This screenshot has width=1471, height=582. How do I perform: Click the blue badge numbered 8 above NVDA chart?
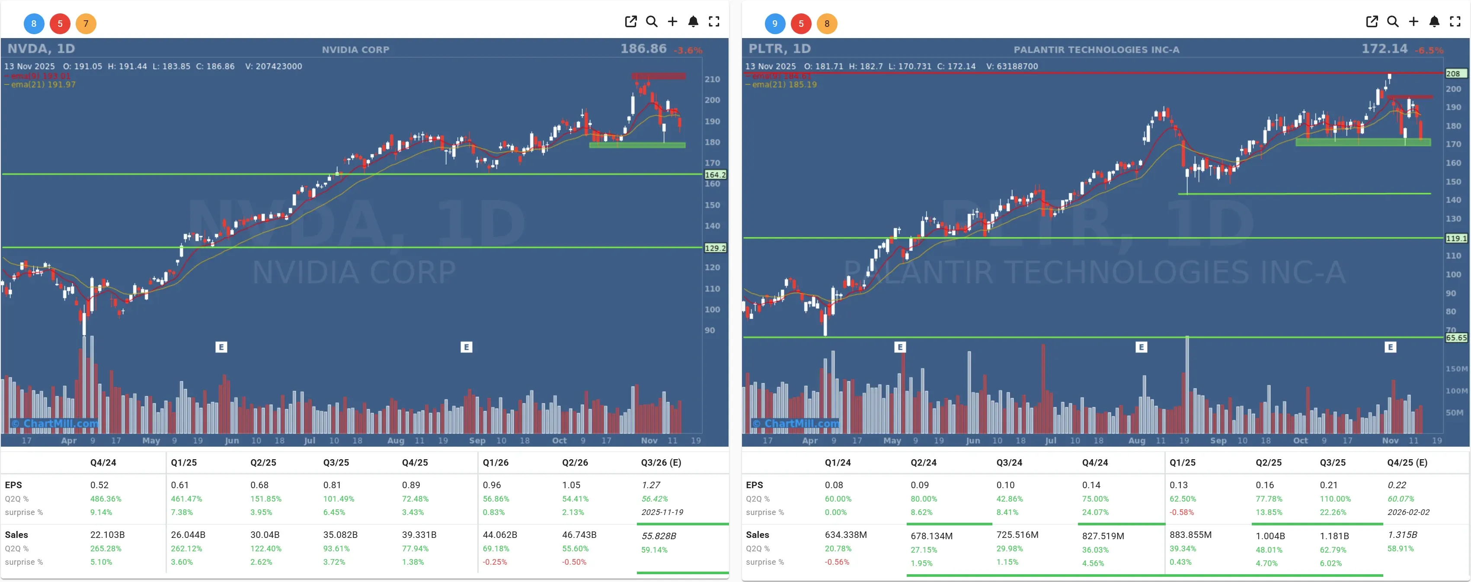(34, 23)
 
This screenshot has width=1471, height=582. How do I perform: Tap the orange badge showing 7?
(86, 23)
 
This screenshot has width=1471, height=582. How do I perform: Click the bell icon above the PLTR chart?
(1434, 22)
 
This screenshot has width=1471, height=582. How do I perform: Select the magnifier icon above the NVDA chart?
(652, 22)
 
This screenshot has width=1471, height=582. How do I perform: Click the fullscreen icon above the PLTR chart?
(1455, 22)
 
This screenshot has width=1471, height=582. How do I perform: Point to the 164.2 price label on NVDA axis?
(715, 175)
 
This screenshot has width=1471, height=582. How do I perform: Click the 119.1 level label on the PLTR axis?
(1455, 238)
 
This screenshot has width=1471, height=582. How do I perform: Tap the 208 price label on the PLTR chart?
(1453, 74)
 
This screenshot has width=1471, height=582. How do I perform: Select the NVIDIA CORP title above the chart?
(355, 50)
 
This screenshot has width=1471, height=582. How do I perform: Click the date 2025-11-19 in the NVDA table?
(662, 512)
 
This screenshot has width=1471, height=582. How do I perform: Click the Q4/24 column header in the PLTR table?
(1095, 463)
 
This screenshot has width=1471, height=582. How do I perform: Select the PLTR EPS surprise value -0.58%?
(1181, 512)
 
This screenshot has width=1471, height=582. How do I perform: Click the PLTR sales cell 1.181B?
(1334, 536)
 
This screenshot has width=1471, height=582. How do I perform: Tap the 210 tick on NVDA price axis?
(712, 80)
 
